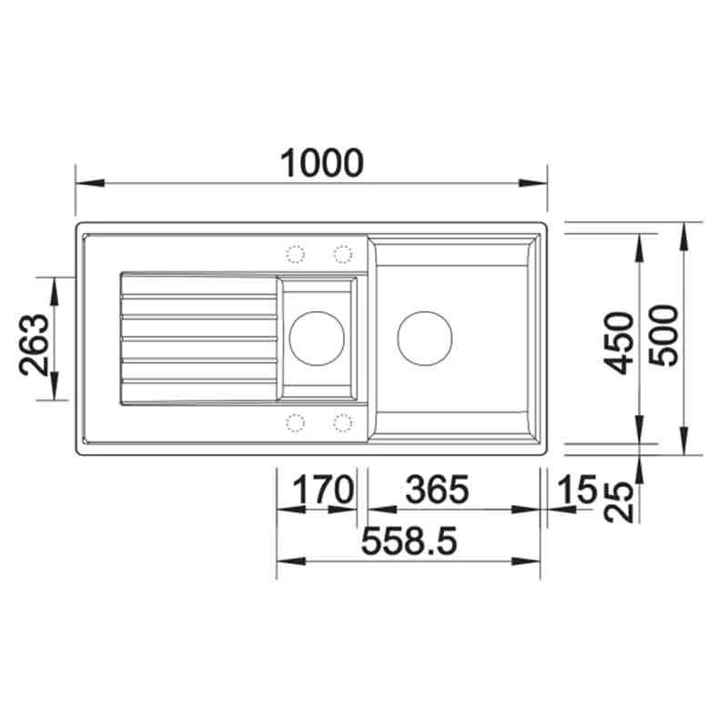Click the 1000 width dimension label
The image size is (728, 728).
coord(322,163)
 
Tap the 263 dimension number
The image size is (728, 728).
coord(34,345)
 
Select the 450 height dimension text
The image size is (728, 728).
coord(620,343)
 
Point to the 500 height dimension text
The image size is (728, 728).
coord(663,335)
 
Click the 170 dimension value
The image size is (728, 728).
coord(323,490)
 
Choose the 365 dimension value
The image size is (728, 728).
coord(438,490)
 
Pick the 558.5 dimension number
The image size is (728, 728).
coord(409,541)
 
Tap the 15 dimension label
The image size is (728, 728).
coord(577,489)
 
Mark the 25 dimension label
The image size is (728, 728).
coord(620,502)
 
